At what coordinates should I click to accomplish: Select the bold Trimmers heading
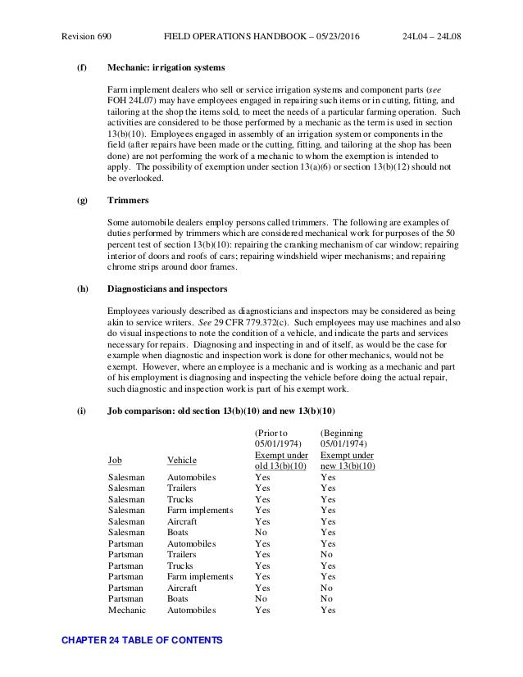click(129, 199)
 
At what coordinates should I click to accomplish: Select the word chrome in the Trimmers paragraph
click(122, 266)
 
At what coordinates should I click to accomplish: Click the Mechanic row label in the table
click(126, 610)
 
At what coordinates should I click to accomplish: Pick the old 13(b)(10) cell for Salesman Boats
click(262, 532)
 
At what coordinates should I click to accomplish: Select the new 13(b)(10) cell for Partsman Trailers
click(327, 554)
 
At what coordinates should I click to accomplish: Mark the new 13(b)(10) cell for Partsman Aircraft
click(327, 588)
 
